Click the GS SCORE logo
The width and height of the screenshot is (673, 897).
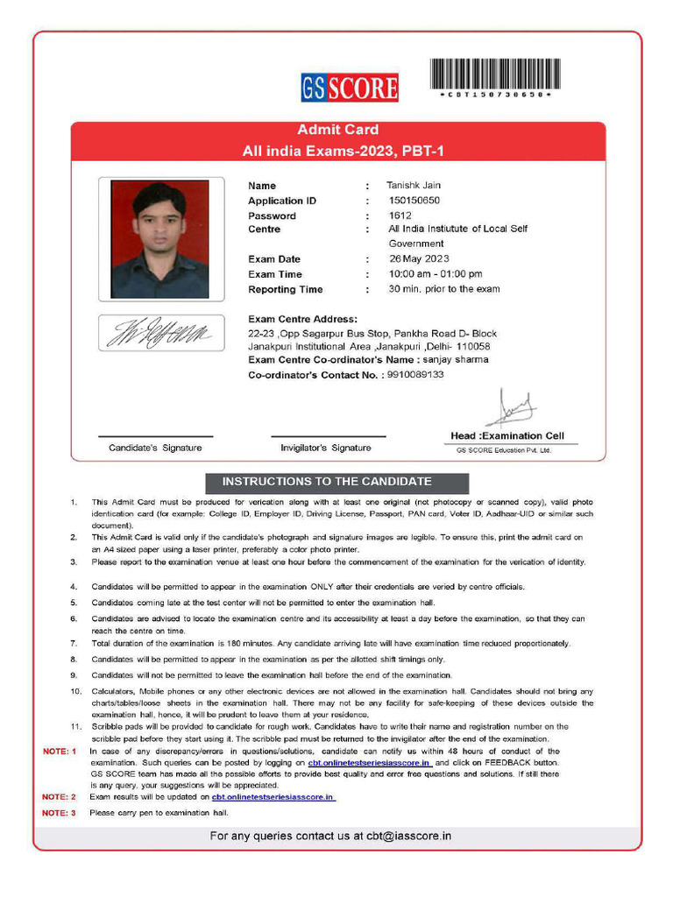(x=350, y=88)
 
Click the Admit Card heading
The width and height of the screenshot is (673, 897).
(x=337, y=130)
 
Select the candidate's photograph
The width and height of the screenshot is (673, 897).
(x=159, y=239)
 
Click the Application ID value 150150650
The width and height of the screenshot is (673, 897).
(x=414, y=201)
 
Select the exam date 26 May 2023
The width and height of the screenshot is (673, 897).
(x=419, y=258)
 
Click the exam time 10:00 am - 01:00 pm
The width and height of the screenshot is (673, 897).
(x=436, y=274)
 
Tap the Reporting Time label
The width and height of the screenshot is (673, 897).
(x=285, y=289)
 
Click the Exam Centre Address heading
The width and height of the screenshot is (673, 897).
(x=302, y=319)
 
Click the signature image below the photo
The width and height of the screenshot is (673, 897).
(x=159, y=333)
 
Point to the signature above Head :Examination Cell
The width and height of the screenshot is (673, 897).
(x=510, y=409)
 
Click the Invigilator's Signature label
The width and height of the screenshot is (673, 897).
(x=325, y=448)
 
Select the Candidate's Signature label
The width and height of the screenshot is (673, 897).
(x=155, y=448)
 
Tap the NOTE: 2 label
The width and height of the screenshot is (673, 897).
(x=60, y=797)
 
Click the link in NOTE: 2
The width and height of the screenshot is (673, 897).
(x=273, y=797)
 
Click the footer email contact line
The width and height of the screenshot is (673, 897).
(x=330, y=836)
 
